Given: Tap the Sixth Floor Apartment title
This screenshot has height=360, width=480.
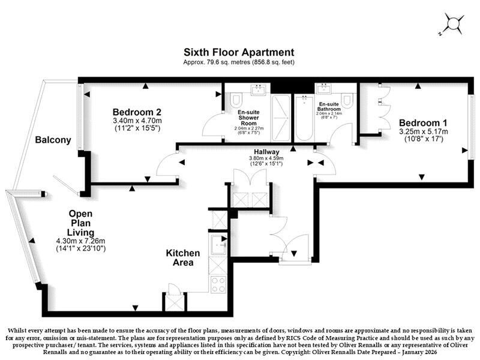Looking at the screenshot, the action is [239, 52].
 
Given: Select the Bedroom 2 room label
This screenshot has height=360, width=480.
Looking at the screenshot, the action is [137, 112].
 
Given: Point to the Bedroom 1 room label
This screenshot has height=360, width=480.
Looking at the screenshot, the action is [423, 123].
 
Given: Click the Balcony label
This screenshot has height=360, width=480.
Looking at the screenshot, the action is [53, 140].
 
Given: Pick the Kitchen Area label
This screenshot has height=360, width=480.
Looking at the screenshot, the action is [183, 258].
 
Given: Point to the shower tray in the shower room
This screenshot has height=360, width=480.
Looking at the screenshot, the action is [281, 118].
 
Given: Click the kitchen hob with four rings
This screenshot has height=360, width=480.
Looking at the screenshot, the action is [218, 284].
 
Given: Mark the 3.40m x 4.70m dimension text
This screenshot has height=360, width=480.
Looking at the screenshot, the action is [137, 121].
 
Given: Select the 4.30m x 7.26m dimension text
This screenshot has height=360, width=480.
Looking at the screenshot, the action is [80, 241].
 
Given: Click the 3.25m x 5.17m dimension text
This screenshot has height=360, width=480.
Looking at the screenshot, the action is [424, 131].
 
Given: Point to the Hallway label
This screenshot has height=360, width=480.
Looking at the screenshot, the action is [266, 152].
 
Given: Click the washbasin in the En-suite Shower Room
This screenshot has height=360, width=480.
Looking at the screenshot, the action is [259, 89].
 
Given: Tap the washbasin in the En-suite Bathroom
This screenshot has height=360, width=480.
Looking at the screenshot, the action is [325, 89].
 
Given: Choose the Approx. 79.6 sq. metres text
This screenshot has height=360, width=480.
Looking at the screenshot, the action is [217, 62].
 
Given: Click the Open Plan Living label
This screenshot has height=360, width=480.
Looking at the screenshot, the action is [80, 223].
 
